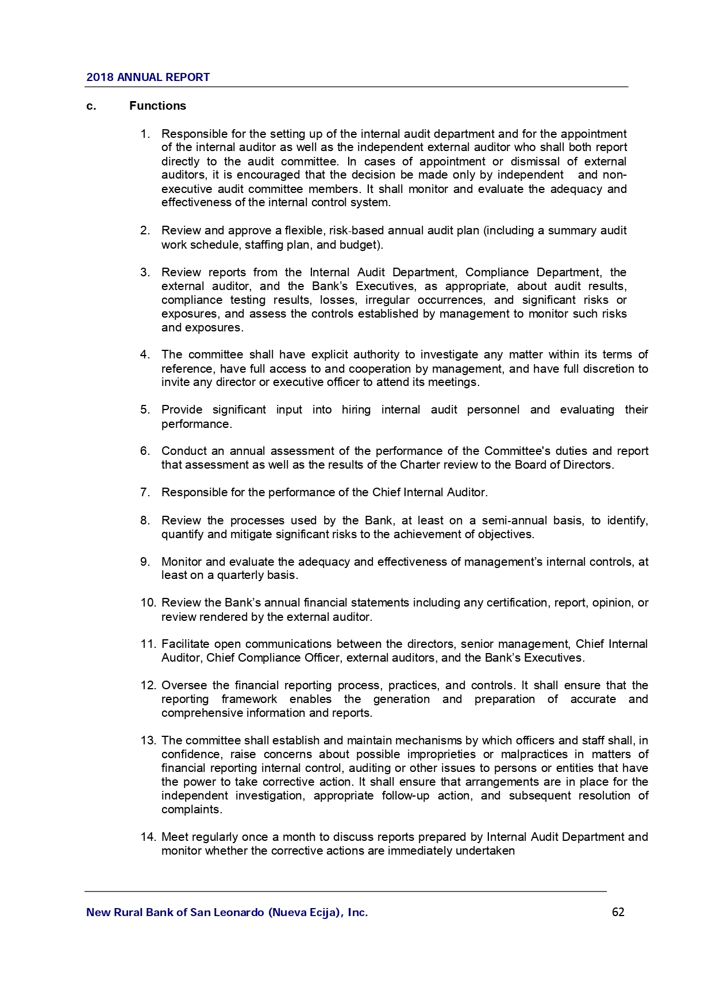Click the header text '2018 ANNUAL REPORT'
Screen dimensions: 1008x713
coord(148,78)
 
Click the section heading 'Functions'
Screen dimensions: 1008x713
coord(157,106)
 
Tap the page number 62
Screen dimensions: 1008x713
coord(618,912)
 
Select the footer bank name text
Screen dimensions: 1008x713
coord(227,912)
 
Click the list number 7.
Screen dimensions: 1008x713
coord(145,493)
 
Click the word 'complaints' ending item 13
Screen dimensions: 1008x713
coord(190,810)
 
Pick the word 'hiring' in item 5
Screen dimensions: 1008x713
coord(356,410)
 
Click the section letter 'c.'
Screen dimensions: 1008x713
coord(90,106)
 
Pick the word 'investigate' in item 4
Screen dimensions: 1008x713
coord(449,355)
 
